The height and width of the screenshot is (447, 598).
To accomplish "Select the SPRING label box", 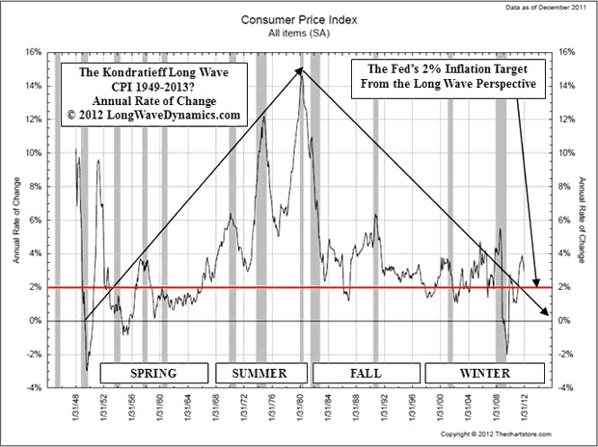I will point(152,372).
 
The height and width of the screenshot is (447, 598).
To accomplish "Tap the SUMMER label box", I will point(259,372).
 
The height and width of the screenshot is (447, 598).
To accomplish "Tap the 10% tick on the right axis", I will point(566,153).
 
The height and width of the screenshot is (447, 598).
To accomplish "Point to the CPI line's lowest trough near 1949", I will point(87,370).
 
